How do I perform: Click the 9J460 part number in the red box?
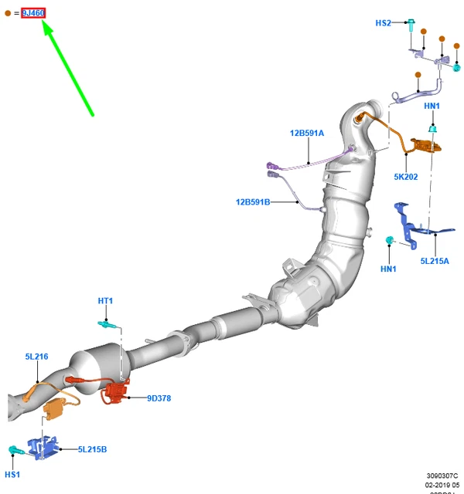[x=33, y=12]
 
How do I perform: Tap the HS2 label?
[x=384, y=23]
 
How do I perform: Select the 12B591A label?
[x=307, y=133]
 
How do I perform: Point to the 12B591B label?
[x=253, y=202]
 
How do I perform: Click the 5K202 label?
[x=405, y=177]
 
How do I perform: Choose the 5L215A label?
[x=434, y=261]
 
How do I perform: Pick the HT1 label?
[x=105, y=300]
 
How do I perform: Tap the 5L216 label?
[x=36, y=357]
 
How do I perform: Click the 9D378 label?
[x=160, y=398]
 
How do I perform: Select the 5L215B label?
[x=92, y=449]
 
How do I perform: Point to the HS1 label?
[x=12, y=474]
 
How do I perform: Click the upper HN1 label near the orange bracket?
[x=432, y=106]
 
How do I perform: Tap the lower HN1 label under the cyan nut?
[x=388, y=269]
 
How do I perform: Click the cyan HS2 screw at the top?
[x=411, y=25]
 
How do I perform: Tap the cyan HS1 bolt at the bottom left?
[x=14, y=449]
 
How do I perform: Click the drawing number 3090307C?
[x=442, y=475]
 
